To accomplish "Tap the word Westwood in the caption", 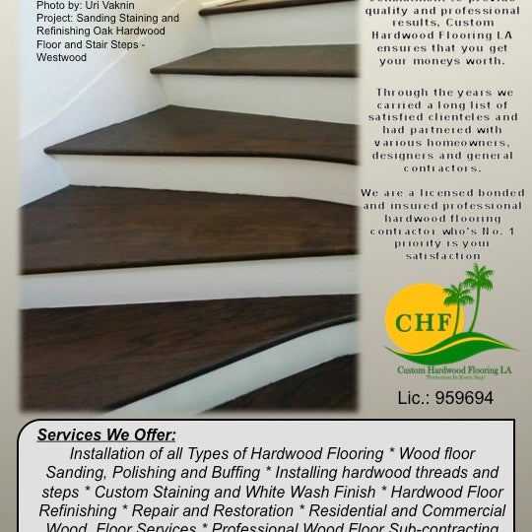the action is click(62, 57).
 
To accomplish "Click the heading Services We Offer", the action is click(106, 434).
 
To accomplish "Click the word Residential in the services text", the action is click(346, 510).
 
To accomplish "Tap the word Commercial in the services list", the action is click(464, 510).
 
